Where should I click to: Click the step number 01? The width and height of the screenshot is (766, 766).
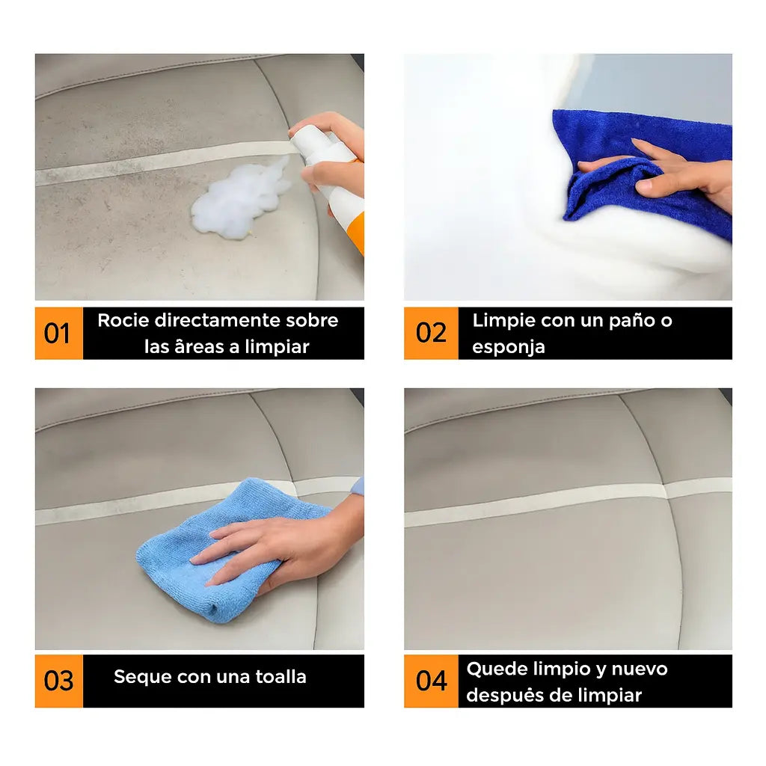(57, 334)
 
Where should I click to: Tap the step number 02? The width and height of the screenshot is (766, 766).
(431, 333)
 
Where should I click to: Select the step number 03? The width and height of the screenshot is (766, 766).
(58, 681)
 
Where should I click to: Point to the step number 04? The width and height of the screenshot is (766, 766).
(431, 681)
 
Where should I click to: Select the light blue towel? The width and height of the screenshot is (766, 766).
(230, 550)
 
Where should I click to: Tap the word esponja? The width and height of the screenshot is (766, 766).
(508, 348)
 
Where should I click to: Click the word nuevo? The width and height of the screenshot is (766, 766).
(640, 670)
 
